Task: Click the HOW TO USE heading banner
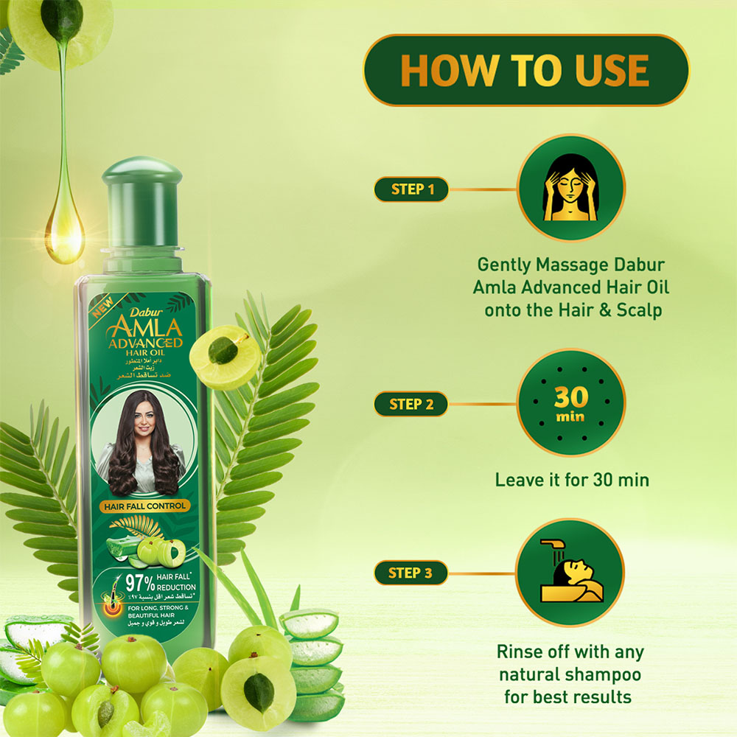tap(525, 70)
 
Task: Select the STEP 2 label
tap(411, 404)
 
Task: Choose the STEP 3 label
tap(411, 573)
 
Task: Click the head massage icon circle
tap(571, 187)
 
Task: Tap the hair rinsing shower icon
tap(571, 572)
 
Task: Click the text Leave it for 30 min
tap(571, 480)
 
